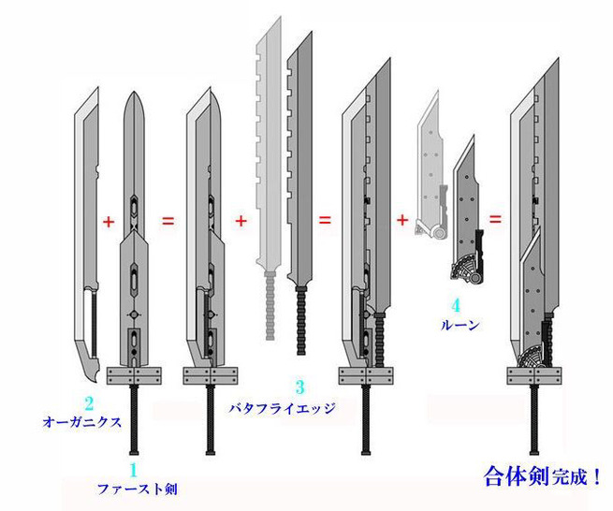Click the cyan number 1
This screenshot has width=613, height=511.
click(x=134, y=470)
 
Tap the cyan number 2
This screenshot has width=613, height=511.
click(x=89, y=403)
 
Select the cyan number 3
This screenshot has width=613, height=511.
click(x=299, y=387)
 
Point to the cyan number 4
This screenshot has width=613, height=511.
click(x=456, y=306)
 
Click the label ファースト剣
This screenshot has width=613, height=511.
click(x=137, y=489)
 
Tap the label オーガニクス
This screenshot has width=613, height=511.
click(x=82, y=422)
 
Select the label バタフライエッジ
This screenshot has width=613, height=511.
click(x=282, y=409)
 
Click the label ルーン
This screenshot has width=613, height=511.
click(x=460, y=326)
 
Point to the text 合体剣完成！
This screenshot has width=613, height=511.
click(x=542, y=476)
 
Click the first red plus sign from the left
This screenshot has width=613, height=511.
click(x=109, y=222)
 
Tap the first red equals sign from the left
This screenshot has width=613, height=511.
click(x=168, y=221)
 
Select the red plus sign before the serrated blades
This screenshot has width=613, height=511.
click(x=241, y=221)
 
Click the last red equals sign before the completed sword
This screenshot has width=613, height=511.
click(x=495, y=219)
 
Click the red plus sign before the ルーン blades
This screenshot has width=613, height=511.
click(x=402, y=220)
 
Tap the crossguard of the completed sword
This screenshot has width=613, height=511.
click(x=534, y=375)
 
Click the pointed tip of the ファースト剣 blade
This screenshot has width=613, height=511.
click(x=134, y=92)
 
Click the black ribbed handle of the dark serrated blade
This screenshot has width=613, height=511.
click(x=301, y=321)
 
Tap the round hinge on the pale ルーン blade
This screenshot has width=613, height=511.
click(x=439, y=233)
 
